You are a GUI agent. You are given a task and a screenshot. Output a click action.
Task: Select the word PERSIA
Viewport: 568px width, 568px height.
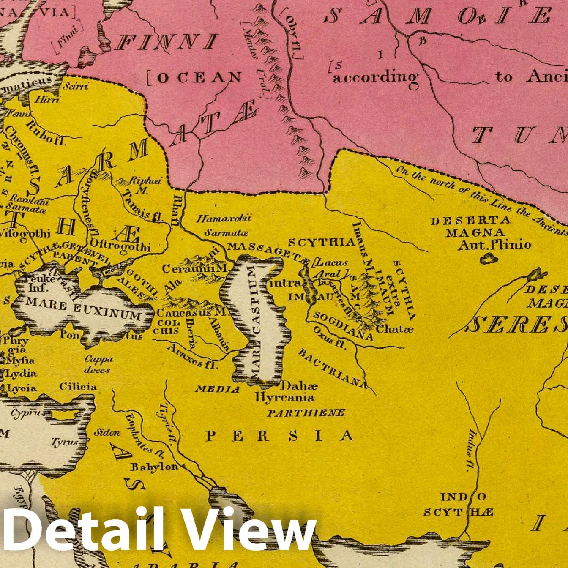pos(279,436)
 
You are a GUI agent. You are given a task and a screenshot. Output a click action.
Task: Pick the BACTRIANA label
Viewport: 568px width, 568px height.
pos(333,368)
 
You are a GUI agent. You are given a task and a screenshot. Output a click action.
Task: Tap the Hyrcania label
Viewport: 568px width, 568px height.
pos(285,397)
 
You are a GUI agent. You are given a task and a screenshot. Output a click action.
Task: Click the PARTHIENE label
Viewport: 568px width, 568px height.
pos(306,413)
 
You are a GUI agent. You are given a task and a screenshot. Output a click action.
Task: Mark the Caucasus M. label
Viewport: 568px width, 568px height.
pos(192,313)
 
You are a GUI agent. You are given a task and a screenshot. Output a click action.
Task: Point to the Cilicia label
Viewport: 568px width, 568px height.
pos(78,387)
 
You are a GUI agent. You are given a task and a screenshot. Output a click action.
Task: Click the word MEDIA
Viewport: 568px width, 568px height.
pos(217,389)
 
